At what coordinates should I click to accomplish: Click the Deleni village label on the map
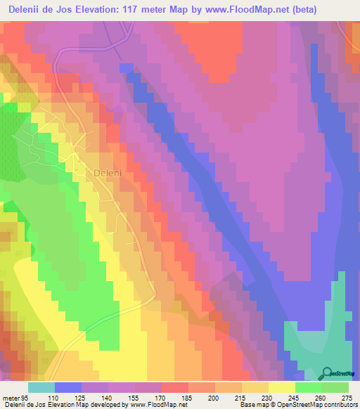click(108, 171)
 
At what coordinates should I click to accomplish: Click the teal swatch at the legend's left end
click(41, 387)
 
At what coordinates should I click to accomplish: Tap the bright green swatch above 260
click(309, 387)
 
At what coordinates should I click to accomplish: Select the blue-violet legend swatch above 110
click(68, 387)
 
